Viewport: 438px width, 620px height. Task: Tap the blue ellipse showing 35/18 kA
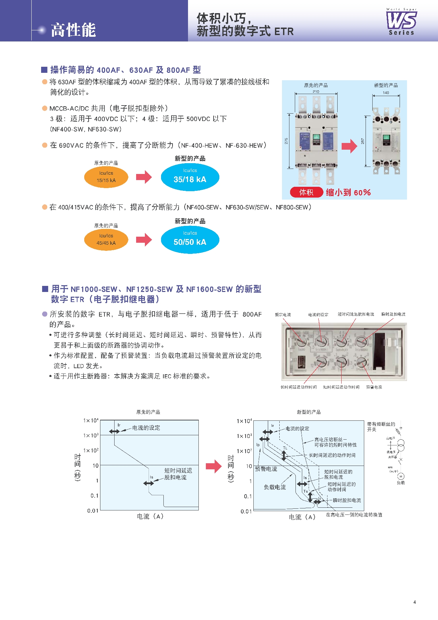190,177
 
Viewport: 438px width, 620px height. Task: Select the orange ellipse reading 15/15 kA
106,177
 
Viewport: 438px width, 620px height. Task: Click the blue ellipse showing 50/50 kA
190,240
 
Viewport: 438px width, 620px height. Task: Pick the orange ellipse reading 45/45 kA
106,240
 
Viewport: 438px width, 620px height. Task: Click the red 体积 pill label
306,192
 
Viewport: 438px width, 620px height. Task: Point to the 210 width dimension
316,92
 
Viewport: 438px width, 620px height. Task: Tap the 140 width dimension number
386,93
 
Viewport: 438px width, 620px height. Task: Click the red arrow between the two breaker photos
349,146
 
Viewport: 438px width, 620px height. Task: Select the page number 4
414,602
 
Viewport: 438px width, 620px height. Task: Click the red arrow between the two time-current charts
214,466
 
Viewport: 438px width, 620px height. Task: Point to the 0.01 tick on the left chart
93,511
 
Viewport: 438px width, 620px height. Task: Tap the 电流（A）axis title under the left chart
150,516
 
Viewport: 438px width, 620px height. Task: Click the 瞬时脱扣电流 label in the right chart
347,500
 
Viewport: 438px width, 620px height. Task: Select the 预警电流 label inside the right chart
266,469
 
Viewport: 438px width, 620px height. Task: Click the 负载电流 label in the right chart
275,487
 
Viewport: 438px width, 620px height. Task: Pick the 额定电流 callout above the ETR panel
283,315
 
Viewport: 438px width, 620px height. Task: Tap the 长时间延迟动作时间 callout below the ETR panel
299,387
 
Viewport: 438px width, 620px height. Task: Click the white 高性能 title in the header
73,30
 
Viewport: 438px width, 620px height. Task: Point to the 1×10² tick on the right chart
244,451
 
